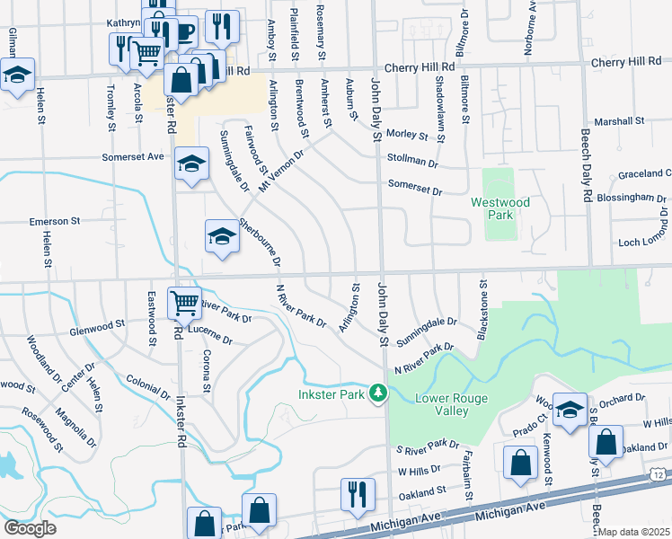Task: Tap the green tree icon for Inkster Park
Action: [378, 393]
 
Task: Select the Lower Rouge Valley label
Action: [441, 404]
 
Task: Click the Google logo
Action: [31, 527]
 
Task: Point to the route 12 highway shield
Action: [658, 473]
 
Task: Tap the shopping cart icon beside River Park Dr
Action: [184, 303]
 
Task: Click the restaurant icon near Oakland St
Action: [357, 494]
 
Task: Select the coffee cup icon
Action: [184, 32]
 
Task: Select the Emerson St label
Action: [55, 220]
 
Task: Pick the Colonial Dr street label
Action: [148, 387]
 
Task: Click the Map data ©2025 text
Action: [634, 532]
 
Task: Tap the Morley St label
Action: [408, 134]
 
